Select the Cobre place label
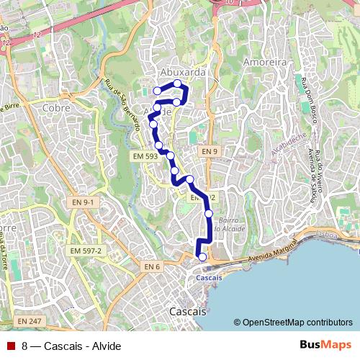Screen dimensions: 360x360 pyautogui.click(x=55, y=107)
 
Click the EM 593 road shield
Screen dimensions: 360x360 pyautogui.click(x=145, y=156)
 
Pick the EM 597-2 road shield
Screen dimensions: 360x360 pyautogui.click(x=86, y=250)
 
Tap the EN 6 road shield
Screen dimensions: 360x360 pyautogui.click(x=150, y=267)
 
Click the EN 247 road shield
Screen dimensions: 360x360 pyautogui.click(x=30, y=320)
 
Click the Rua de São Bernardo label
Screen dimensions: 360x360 pyautogui.click(x=123, y=104)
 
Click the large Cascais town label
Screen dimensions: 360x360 pyautogui.click(x=186, y=312)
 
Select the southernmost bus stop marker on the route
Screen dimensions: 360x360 pyautogui.click(x=202, y=257)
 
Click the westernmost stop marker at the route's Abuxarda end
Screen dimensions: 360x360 pyautogui.click(x=157, y=91)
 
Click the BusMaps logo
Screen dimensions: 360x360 pyautogui.click(x=325, y=344)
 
